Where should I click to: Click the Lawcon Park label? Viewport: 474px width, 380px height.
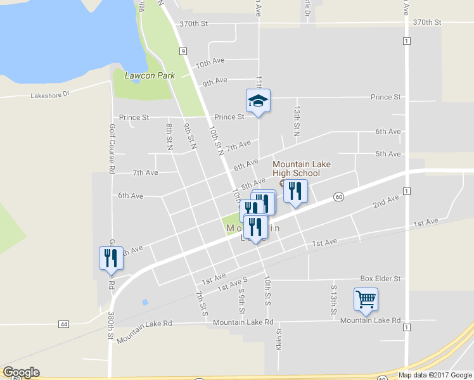click(x=140, y=75)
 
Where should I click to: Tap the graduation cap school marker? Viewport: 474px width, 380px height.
click(x=259, y=101)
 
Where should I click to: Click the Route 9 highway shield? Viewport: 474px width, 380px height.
click(x=183, y=51)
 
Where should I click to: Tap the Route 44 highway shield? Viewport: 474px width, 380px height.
click(x=63, y=324)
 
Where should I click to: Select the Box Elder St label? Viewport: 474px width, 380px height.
click(x=380, y=278)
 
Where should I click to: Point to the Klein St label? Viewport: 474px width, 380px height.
click(x=278, y=339)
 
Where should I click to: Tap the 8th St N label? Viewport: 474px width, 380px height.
click(x=169, y=136)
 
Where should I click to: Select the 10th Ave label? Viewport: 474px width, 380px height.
click(x=210, y=62)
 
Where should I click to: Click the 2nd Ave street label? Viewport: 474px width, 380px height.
click(x=386, y=201)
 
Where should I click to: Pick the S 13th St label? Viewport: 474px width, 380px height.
click(x=333, y=301)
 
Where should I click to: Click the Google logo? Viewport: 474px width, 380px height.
click(x=21, y=372)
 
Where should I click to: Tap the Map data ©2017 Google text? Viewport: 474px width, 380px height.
click(x=435, y=375)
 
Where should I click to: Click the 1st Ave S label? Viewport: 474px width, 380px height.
click(x=233, y=283)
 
